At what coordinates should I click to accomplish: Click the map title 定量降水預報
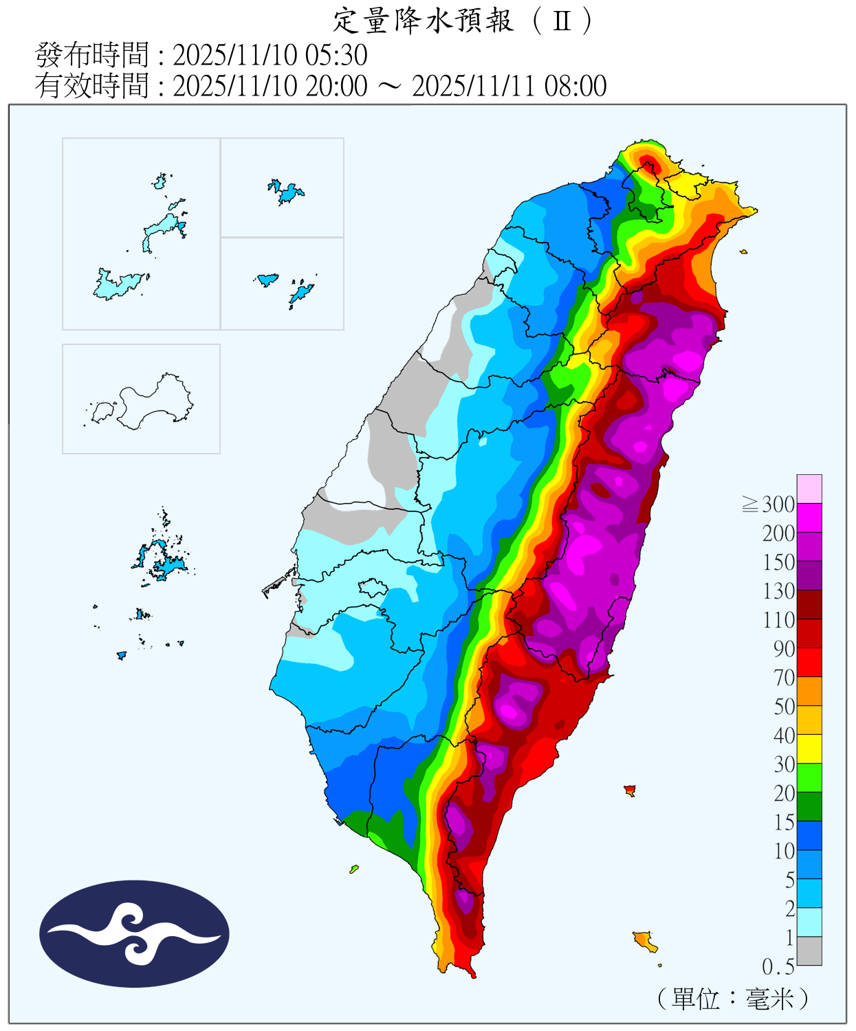(423, 21)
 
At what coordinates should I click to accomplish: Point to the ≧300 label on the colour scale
(769, 505)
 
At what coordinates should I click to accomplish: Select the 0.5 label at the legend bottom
(778, 967)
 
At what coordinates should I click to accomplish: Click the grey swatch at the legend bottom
(809, 951)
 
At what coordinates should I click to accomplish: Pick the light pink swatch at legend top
(809, 489)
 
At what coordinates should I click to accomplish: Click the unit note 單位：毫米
(733, 998)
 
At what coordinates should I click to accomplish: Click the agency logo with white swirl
(134, 933)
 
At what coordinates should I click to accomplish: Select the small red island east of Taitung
(630, 790)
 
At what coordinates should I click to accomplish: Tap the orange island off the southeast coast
(644, 940)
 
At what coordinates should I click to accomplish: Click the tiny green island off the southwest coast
(354, 869)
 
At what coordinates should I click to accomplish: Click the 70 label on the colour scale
(784, 678)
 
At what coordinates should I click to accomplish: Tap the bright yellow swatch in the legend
(809, 749)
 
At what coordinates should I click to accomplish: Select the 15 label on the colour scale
(784, 822)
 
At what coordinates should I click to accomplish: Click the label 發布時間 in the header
(91, 55)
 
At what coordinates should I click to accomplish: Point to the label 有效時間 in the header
(91, 87)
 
